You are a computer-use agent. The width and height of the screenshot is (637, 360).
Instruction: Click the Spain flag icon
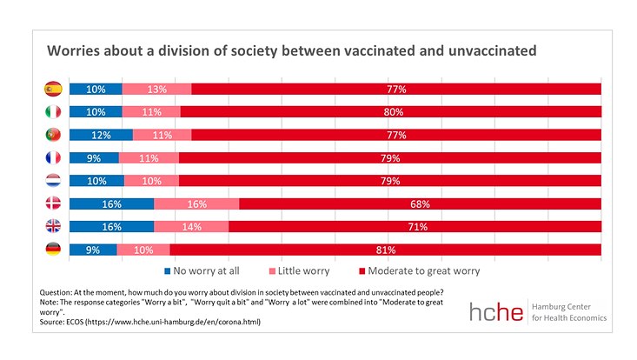click(x=53, y=89)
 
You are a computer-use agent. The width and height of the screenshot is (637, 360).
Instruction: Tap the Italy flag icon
click(x=53, y=111)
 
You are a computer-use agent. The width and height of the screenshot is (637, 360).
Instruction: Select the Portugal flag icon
click(x=53, y=135)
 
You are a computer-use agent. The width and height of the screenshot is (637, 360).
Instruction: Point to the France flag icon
click(x=53, y=157)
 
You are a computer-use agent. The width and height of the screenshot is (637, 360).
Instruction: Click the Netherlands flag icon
click(x=53, y=181)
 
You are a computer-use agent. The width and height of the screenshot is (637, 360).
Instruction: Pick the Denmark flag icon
click(x=53, y=203)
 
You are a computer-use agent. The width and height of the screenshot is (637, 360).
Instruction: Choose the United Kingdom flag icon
click(x=53, y=227)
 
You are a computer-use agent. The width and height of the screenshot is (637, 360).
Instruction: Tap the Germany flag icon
click(x=53, y=250)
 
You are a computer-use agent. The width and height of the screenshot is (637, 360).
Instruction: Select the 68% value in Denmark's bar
click(x=421, y=204)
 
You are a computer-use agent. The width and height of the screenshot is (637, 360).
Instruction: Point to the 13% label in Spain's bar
click(x=156, y=89)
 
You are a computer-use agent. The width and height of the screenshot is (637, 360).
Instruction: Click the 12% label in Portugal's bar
click(x=101, y=135)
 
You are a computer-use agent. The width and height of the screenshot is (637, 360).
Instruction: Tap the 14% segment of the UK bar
click(x=191, y=227)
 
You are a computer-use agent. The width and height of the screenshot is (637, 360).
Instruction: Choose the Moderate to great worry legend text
click(x=431, y=270)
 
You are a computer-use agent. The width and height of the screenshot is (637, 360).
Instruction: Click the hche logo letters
click(x=496, y=313)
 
